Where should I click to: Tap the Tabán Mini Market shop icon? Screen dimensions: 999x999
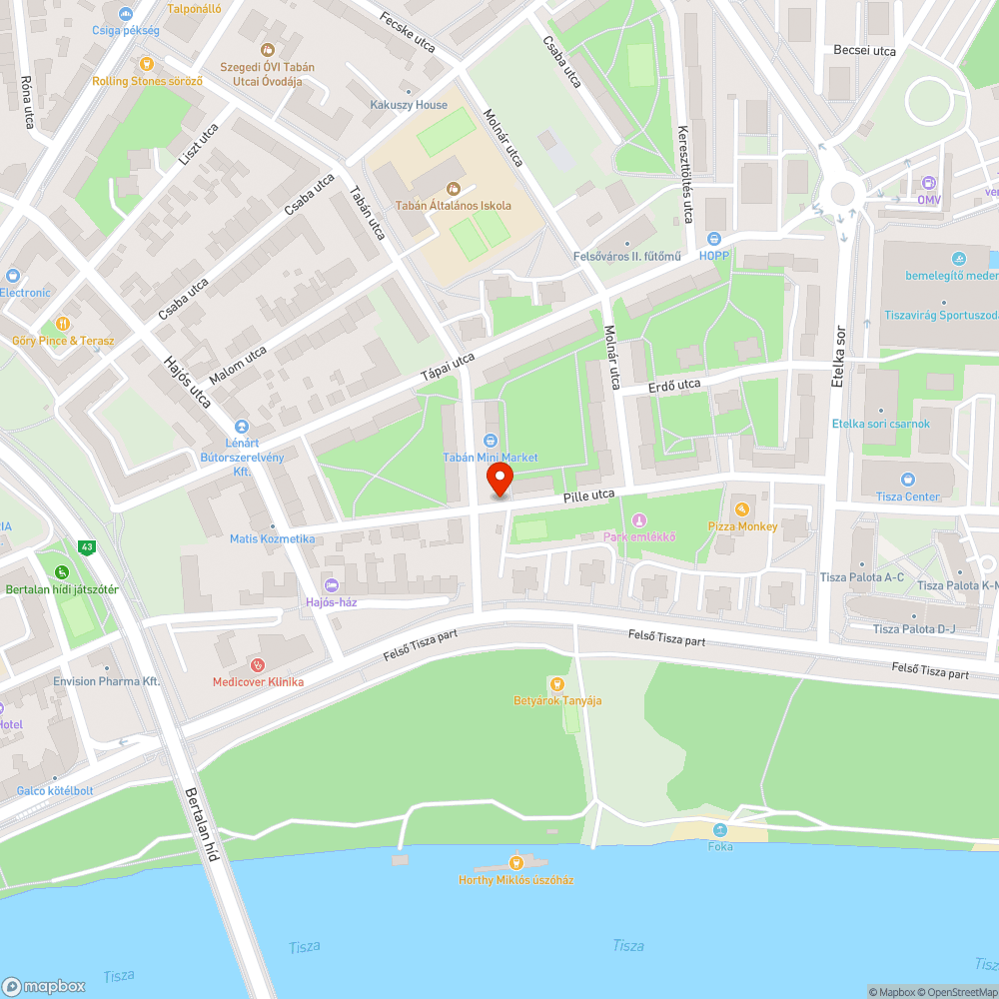click(491, 441)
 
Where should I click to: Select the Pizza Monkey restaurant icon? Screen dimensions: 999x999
click(742, 509)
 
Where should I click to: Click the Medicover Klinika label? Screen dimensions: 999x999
click(258, 681)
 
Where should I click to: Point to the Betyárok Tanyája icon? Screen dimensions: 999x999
click(556, 683)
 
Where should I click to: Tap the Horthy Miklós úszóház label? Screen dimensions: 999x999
click(515, 880)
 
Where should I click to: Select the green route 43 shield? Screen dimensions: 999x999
click(88, 546)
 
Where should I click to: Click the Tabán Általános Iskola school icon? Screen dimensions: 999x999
click(454, 188)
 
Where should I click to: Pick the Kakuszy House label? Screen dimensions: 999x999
click(409, 105)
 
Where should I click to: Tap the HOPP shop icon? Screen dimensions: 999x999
click(714, 239)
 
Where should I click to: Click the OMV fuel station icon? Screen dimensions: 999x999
click(930, 183)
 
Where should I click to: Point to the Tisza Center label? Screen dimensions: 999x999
click(907, 497)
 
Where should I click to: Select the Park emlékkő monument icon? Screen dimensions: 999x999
click(639, 520)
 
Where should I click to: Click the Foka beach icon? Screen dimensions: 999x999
click(720, 830)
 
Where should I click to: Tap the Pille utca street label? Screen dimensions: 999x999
click(588, 495)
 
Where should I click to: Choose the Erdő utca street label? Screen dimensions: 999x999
click(674, 385)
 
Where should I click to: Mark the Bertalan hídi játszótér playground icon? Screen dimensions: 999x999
click(62, 572)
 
